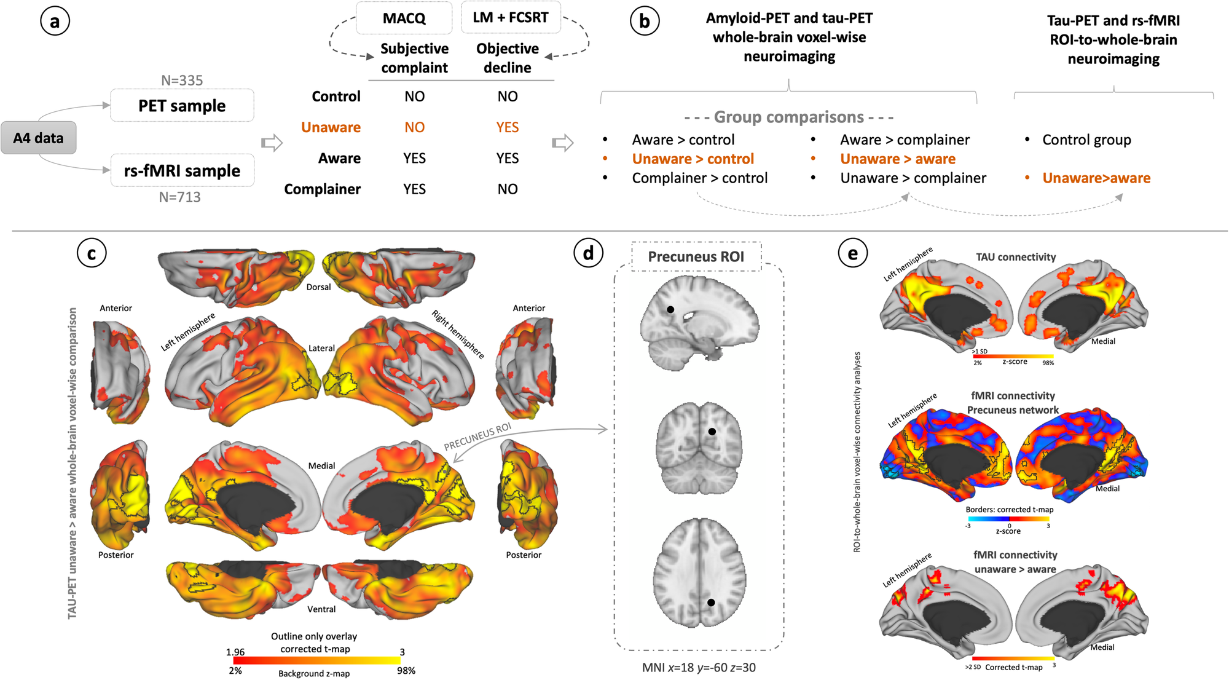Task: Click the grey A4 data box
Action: tap(38, 138)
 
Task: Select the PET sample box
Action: tap(182, 106)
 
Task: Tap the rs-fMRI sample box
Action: tap(182, 170)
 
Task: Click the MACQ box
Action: tap(404, 18)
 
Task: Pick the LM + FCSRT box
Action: tap(510, 17)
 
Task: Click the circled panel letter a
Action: tap(55, 22)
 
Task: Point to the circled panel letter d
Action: tap(588, 252)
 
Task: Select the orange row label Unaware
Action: tap(331, 127)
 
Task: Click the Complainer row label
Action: tap(322, 189)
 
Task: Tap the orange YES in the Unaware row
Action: tap(507, 127)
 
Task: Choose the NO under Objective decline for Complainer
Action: tap(507, 189)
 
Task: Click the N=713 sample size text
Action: tap(179, 197)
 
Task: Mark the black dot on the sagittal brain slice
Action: tap(670, 310)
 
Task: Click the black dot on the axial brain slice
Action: tap(711, 603)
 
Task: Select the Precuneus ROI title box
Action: tap(696, 256)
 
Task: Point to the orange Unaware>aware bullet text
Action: tap(1096, 178)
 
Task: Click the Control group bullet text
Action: tap(1086, 140)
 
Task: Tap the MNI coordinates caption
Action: tap(699, 667)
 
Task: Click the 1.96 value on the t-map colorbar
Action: tap(235, 652)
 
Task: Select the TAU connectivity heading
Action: tap(1016, 257)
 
